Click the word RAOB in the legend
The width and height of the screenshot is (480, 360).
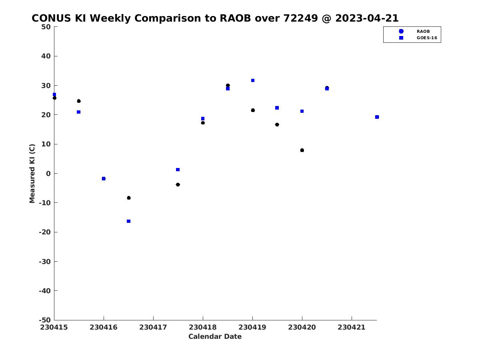(x=423, y=32)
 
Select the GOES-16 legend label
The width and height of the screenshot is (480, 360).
(x=427, y=38)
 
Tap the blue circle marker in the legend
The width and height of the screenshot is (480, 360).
(x=401, y=31)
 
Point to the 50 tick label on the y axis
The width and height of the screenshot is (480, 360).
(x=46, y=27)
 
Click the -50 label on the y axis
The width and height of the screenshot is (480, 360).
(x=45, y=320)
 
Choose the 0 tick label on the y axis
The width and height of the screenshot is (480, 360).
(x=48, y=174)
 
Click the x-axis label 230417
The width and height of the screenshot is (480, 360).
(x=153, y=328)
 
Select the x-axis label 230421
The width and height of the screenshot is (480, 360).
(x=352, y=328)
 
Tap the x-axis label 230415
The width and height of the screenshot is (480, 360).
(x=54, y=328)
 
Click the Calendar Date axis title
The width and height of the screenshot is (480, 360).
(x=215, y=336)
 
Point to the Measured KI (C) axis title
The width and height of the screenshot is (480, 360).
(x=32, y=174)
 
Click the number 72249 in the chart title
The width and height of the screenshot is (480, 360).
(x=300, y=18)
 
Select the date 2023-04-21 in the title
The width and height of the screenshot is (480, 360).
(x=367, y=18)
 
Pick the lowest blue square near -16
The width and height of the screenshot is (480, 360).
(x=128, y=221)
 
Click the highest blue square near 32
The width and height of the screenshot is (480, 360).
(x=253, y=80)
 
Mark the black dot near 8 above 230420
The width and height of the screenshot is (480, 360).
(x=302, y=150)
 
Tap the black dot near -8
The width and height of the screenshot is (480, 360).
(x=129, y=198)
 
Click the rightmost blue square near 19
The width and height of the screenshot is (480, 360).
(x=377, y=117)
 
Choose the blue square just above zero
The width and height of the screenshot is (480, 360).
(x=178, y=170)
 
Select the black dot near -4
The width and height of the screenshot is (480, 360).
(x=178, y=185)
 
